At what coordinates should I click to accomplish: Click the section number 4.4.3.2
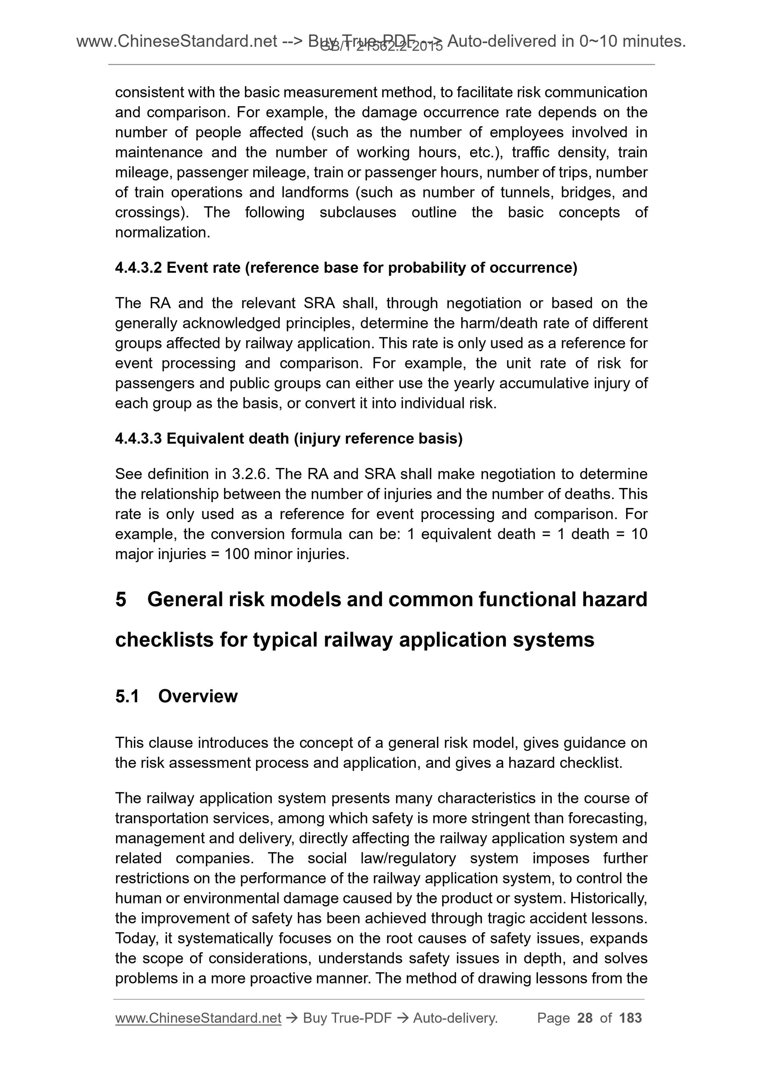click(x=138, y=268)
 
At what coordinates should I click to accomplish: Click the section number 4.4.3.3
click(x=138, y=439)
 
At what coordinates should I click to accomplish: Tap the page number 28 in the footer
click(x=584, y=1018)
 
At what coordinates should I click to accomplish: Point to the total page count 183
click(x=630, y=1018)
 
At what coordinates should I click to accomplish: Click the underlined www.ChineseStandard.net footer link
click(x=198, y=1018)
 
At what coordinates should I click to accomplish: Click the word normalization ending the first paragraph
click(x=162, y=232)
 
